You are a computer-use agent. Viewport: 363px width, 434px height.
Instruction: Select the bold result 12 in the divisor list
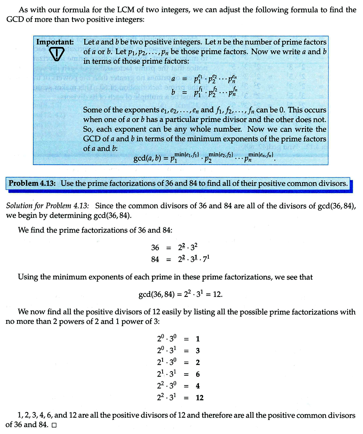200,398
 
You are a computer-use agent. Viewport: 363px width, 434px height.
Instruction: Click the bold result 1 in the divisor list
198,339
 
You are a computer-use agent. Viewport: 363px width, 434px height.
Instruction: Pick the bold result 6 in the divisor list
198,374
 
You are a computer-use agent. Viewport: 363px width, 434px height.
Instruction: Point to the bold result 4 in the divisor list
198,386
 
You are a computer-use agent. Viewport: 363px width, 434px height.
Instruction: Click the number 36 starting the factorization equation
155,248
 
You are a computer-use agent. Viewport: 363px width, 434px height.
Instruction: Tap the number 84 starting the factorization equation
155,260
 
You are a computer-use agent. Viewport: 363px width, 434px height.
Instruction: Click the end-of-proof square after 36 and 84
54,425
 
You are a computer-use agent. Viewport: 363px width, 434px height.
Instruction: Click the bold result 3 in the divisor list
198,351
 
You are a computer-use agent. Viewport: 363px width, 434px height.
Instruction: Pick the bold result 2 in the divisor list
198,362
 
